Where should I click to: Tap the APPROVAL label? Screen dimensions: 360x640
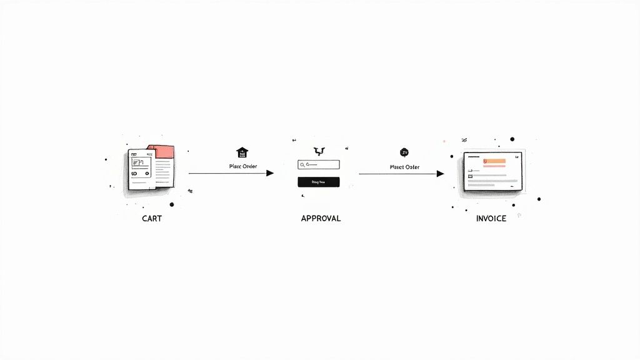(x=321, y=219)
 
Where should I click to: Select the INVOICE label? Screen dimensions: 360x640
(x=491, y=219)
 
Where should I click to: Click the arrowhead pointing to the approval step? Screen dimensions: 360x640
(x=270, y=173)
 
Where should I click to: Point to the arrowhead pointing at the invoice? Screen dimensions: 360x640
(x=440, y=173)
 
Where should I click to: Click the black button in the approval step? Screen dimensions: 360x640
(x=319, y=182)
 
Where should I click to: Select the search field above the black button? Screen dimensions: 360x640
(x=319, y=165)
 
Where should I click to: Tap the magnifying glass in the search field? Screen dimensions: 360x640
(x=302, y=165)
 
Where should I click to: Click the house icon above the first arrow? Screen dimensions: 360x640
(x=241, y=152)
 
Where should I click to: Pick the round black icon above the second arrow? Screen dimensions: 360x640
(x=404, y=152)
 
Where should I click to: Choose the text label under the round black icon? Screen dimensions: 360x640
(x=404, y=167)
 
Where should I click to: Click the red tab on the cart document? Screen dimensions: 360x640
(x=164, y=151)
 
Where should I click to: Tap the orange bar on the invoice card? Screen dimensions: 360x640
(x=495, y=162)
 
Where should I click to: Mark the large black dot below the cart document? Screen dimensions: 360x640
(x=171, y=204)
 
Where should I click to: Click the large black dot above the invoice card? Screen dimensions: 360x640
(x=512, y=139)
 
